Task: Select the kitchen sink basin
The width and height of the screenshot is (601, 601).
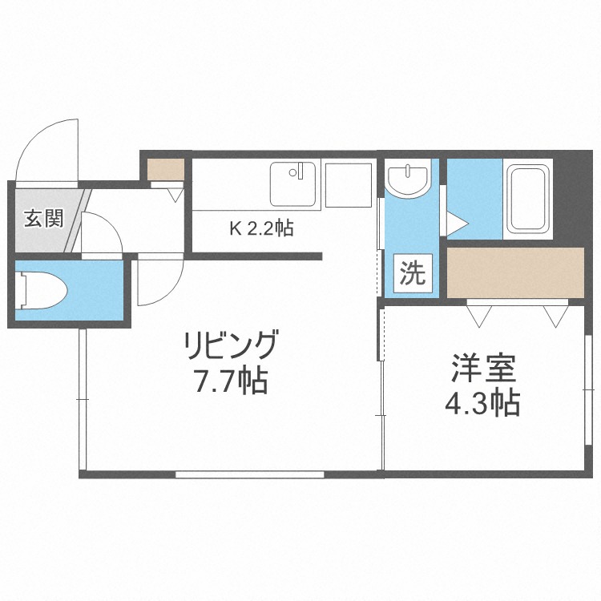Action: tap(294, 184)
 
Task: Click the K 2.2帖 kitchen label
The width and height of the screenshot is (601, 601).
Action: tap(261, 228)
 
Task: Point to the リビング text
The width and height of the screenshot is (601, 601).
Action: tap(231, 348)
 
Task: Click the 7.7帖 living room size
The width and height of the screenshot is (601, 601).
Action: tap(231, 381)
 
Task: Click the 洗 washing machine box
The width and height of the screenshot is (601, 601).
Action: tap(413, 273)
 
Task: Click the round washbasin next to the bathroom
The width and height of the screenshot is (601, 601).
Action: tap(409, 179)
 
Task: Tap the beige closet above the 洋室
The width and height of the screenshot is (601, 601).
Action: tap(515, 272)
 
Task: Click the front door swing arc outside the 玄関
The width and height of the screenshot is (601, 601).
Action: tap(48, 148)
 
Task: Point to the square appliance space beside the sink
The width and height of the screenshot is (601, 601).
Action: tap(348, 185)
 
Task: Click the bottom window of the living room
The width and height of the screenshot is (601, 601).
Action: tap(249, 474)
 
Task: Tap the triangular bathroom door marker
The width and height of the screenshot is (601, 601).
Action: tap(455, 222)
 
